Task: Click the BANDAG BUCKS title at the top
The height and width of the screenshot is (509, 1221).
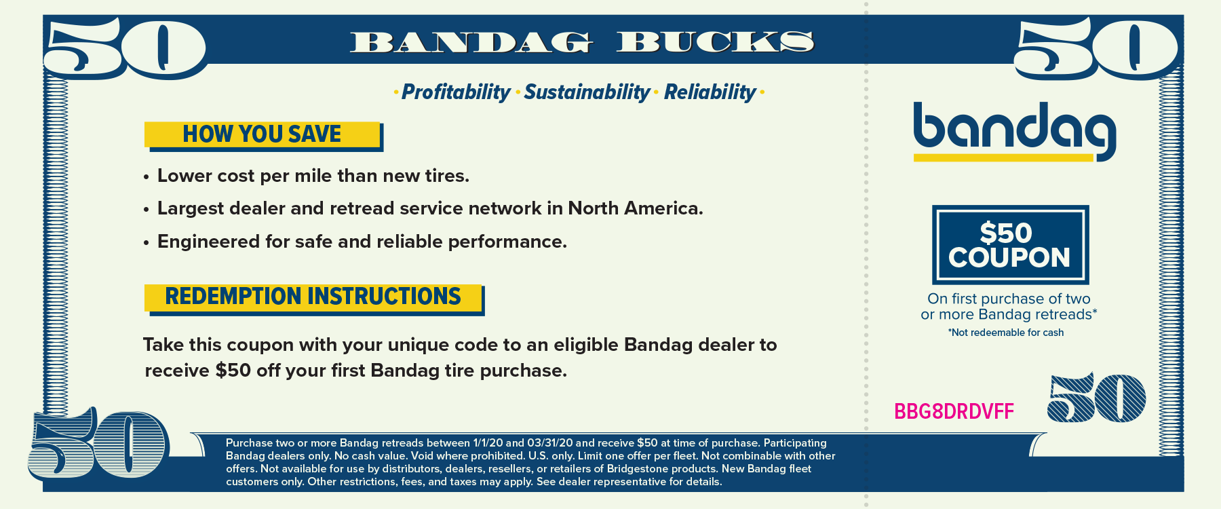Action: (582, 42)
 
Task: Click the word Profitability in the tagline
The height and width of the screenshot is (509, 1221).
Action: (456, 92)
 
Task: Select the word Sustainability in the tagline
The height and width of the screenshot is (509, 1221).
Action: (587, 92)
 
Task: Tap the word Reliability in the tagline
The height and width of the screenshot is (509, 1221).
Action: (710, 92)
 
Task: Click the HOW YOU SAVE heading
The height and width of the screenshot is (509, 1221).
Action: (262, 134)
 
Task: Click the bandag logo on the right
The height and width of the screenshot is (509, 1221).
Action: (1015, 132)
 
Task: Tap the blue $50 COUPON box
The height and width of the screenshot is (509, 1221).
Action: (1010, 244)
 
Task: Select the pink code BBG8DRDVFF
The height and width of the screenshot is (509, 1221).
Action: (954, 411)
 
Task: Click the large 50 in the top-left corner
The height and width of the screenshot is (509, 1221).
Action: (125, 48)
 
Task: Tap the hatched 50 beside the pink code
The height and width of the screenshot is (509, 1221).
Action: (1097, 398)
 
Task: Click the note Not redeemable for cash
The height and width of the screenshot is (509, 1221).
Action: (1006, 333)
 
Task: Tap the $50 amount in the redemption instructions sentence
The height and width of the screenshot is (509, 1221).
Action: (233, 371)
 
